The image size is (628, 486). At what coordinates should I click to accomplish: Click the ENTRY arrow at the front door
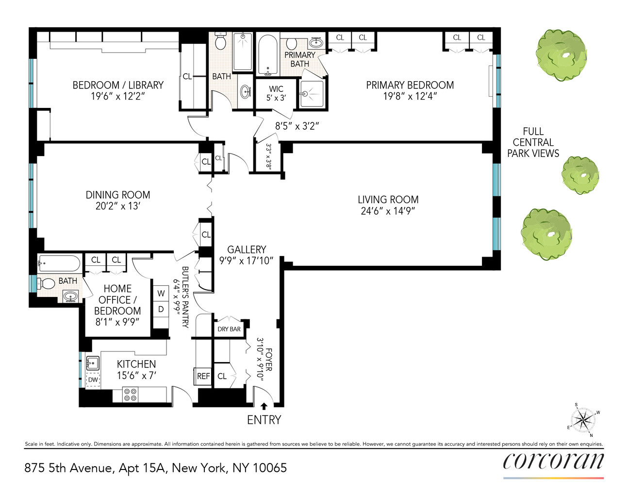[x=264, y=406]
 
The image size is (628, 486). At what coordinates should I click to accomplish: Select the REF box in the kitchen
[x=203, y=376]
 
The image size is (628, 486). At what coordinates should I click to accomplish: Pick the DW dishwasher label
[x=93, y=380]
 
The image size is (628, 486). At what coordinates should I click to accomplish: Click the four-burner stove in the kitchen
[x=130, y=395]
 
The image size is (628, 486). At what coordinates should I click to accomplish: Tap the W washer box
[x=161, y=294]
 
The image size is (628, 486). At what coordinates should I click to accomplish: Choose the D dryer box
[x=161, y=309]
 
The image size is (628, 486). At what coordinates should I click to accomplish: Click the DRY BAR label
[x=229, y=329]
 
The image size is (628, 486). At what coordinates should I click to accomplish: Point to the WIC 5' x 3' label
[x=276, y=93]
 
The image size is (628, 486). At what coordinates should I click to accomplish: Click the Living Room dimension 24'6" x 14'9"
[x=388, y=211]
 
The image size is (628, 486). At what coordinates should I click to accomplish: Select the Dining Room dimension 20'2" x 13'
[x=118, y=206]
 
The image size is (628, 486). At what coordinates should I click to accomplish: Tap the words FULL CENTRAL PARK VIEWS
[x=533, y=142]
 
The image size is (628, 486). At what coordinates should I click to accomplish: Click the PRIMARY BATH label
[x=299, y=59]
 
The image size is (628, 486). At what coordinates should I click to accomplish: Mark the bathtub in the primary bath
[x=267, y=55]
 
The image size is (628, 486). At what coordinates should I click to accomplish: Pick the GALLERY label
[x=247, y=250]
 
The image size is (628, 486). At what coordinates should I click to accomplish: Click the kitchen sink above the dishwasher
[x=92, y=363]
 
